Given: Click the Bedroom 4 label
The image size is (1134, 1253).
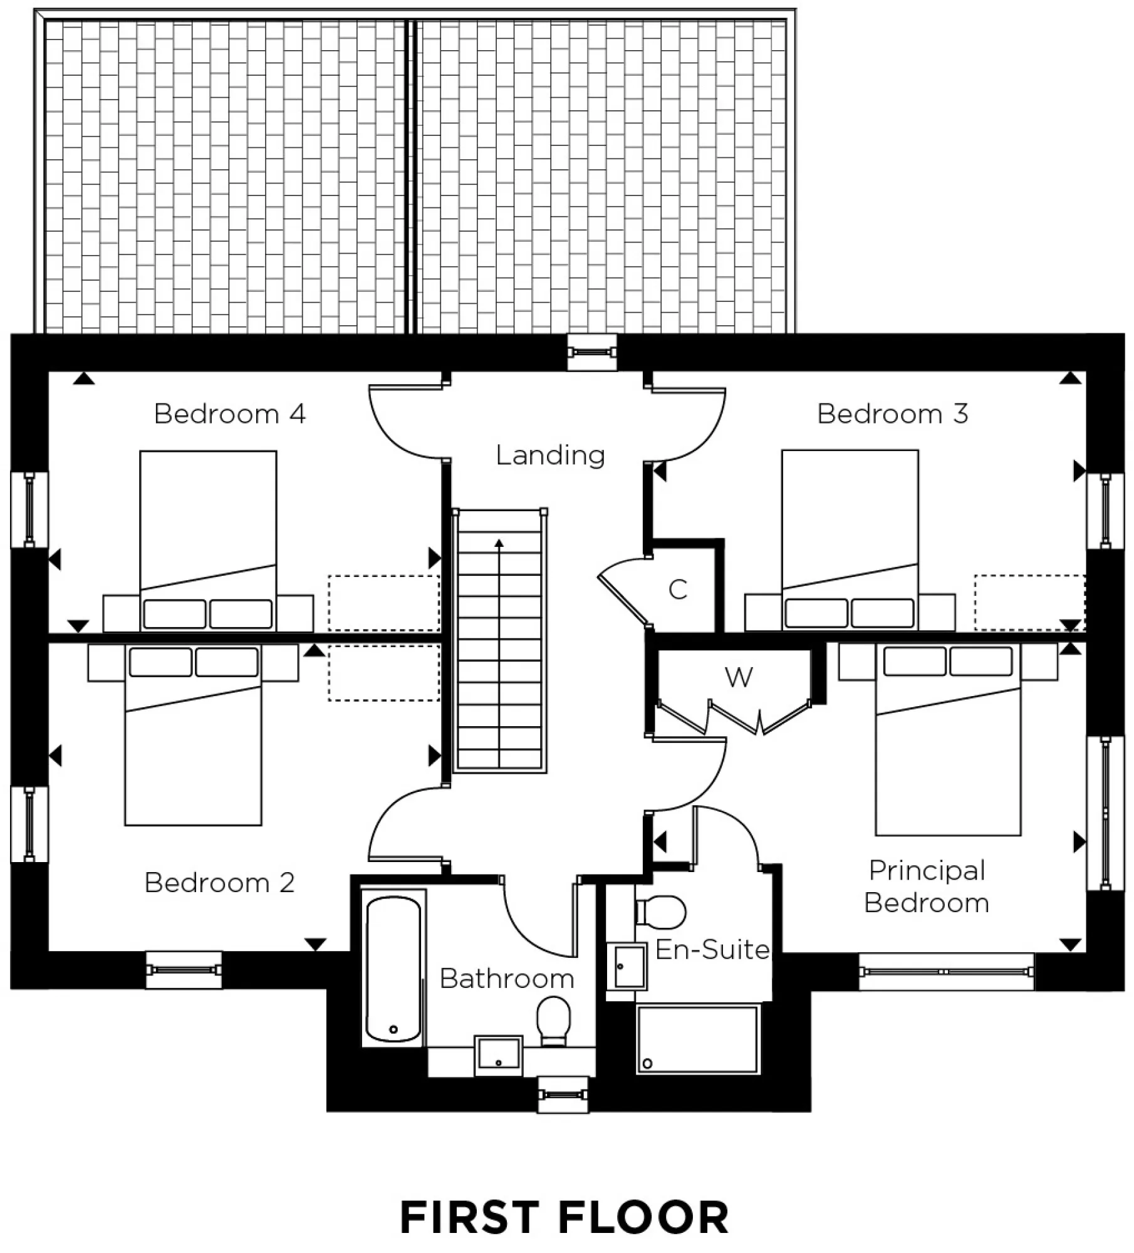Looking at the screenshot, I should [229, 414].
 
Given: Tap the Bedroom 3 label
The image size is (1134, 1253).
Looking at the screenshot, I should [892, 414].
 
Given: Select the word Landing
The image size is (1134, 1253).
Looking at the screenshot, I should [550, 455].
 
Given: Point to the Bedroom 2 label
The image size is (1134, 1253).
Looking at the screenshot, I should [219, 883].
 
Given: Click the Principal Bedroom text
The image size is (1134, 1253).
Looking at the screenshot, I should [927, 886].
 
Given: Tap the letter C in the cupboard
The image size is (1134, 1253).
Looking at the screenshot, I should [678, 590].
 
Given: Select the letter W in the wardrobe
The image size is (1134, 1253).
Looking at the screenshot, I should [739, 677].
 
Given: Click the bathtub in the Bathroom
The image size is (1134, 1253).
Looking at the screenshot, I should [393, 969].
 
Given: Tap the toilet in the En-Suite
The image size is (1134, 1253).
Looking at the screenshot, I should [662, 912].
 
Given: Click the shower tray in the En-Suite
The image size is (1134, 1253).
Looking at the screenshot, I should [697, 1039].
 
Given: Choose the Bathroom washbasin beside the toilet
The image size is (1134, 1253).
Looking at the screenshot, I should [498, 1054].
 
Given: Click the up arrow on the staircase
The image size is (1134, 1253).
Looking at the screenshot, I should [499, 544].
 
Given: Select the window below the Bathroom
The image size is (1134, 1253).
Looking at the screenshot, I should [563, 1094].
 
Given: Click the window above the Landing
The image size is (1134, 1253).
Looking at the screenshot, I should [592, 353].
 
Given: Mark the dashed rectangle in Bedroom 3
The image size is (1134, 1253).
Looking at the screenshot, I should [1029, 603].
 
